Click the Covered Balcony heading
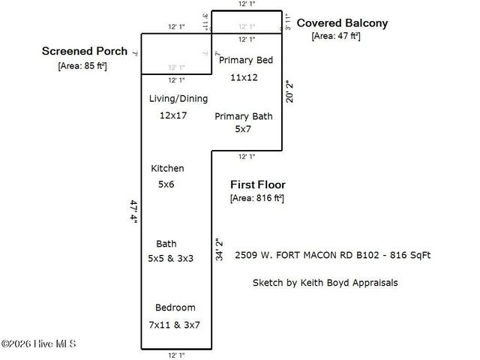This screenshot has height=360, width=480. [x=342, y=23]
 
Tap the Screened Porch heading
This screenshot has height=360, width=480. [x=85, y=52]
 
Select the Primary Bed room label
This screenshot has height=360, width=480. [x=244, y=60]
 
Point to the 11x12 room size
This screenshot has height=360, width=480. [x=244, y=77]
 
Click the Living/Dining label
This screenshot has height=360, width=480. [x=178, y=98]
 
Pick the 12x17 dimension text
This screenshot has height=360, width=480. [x=172, y=115]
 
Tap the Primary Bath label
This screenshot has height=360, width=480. [x=244, y=116]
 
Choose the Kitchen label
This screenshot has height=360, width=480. [x=167, y=168]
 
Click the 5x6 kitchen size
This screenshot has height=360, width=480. [x=166, y=184]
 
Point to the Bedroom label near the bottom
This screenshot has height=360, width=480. [x=175, y=307]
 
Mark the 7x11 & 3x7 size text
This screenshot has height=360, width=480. [x=175, y=325]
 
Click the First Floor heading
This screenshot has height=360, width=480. [x=257, y=184]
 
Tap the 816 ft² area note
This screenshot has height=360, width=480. [x=256, y=199]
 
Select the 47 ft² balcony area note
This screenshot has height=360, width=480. [x=336, y=36]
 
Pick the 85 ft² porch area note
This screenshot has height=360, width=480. [x=82, y=65]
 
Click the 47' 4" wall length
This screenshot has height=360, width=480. [x=134, y=212]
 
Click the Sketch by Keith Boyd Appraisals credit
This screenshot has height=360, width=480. [x=324, y=283]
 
